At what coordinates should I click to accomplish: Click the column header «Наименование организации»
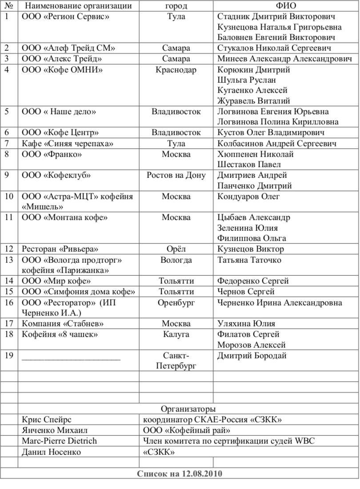click(x=78, y=6)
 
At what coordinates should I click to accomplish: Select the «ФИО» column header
click(x=286, y=6)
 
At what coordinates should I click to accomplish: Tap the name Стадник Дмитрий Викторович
click(x=276, y=16)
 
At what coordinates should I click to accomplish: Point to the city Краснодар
click(x=176, y=70)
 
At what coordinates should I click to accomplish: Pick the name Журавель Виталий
click(x=253, y=101)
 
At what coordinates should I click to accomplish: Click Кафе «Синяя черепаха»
click(x=68, y=144)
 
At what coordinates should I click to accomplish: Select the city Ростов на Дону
click(x=176, y=175)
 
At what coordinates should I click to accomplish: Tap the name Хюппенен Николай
click(x=255, y=154)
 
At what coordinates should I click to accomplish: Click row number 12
click(x=9, y=249)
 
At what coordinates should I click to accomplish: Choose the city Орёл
click(x=176, y=249)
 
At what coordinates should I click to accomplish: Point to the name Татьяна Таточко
click(x=249, y=260)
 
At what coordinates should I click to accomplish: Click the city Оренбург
click(x=176, y=303)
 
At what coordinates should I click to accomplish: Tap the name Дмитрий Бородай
click(x=252, y=356)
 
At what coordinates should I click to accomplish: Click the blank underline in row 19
click(x=71, y=357)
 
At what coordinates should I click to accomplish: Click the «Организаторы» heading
click(x=188, y=409)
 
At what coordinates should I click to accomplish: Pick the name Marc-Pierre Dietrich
click(x=59, y=441)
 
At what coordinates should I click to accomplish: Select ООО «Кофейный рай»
click(x=187, y=430)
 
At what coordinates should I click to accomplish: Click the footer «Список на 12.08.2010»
click(x=180, y=473)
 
